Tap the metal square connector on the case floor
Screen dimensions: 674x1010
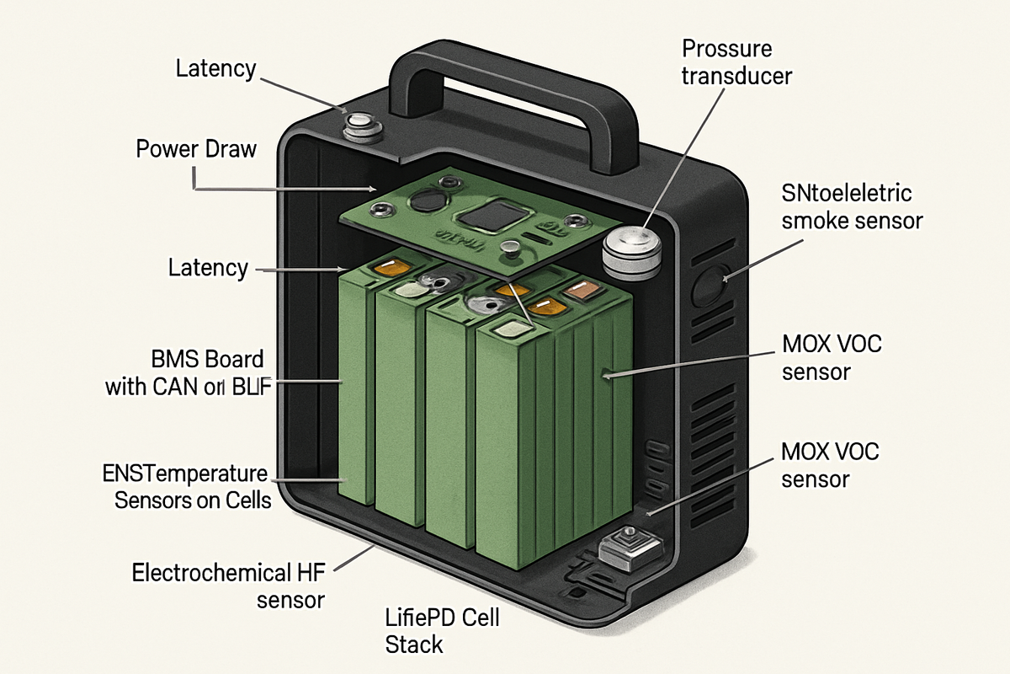pos(627,546)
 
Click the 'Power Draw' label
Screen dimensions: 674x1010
pos(196,149)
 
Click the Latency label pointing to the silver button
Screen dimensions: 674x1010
pos(215,68)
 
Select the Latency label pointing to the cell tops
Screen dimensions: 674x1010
pos(208,269)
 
